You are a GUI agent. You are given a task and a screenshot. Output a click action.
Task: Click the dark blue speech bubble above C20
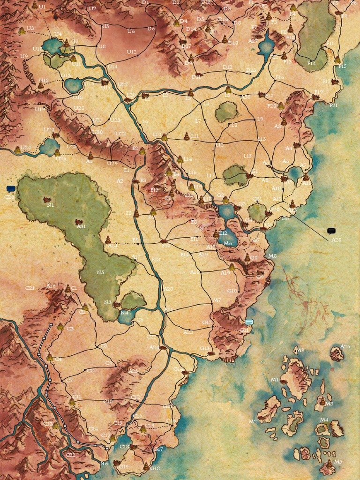pos(11,189)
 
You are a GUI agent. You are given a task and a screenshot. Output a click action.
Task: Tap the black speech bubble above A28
pos(331,231)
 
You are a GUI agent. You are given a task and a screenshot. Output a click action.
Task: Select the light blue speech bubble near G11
pos(249,322)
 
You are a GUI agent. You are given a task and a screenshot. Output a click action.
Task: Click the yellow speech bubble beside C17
pos(112,438)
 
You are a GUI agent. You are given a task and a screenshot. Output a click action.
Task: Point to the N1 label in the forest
pos(50,205)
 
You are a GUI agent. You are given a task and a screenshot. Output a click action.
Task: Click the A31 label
pos(81,226)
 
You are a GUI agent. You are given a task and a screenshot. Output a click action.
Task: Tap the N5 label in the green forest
pos(100,272)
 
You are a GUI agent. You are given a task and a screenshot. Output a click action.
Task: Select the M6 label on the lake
pos(227,243)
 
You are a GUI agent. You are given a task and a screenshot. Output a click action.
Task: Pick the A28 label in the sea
pos(336,240)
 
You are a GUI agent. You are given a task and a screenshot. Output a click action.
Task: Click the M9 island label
pos(300,350)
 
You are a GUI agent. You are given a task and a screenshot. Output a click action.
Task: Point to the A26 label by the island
pos(345,347)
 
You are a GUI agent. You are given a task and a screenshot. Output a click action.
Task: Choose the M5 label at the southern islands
pos(338,461)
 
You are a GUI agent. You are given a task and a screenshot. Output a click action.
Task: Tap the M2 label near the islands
pos(253,421)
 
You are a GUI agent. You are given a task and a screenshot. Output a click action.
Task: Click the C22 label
pos(70,455)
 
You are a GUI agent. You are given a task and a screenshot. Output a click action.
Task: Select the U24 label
pos(26,148)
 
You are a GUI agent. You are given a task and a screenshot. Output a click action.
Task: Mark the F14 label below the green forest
pos(311,63)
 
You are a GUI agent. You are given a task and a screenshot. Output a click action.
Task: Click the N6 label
pos(104,464)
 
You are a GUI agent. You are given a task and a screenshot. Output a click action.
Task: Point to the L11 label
pos(195,136)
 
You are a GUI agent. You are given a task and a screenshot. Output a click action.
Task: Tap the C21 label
pos(30,288)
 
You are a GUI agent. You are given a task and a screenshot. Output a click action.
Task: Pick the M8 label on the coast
pos(272,256)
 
